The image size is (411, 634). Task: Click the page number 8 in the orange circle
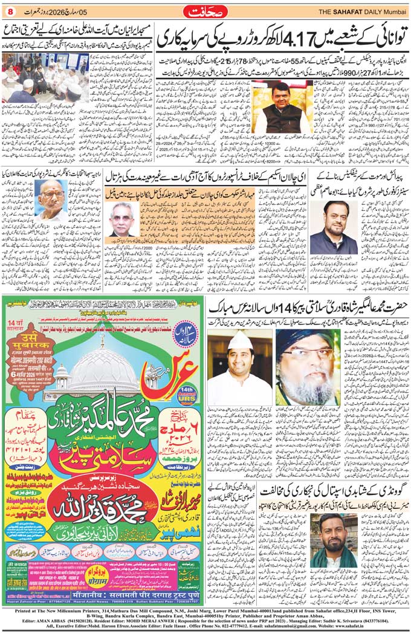tap(10, 11)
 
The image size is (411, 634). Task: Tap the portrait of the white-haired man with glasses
tap(51, 202)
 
